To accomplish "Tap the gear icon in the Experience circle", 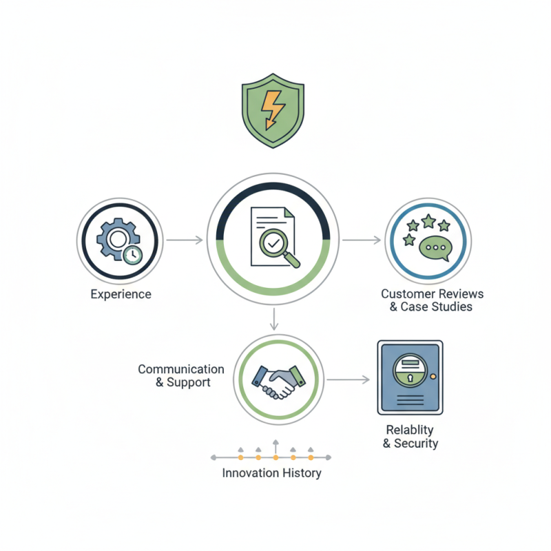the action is pos(117,239).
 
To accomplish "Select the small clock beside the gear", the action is pos(132,255).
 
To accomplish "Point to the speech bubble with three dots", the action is pos(435,248).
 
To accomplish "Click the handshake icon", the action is pos(279,382).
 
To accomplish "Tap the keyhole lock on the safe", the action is pos(410,377).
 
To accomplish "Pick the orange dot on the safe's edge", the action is pos(433,376).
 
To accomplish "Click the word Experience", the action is pos(121,294).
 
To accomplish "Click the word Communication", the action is pos(181,369).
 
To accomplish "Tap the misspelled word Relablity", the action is pos(410,430).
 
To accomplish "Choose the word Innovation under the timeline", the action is pos(251,473).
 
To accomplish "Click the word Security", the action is pos(416,444).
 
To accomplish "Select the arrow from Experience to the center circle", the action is pos(185,240).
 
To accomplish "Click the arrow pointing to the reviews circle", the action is pos(362,240).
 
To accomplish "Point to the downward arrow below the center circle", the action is pos(274,320).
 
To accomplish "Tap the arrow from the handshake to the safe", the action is pos(349,380).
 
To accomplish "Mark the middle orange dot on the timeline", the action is pos(276,457).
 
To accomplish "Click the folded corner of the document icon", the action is pos(289,213).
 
